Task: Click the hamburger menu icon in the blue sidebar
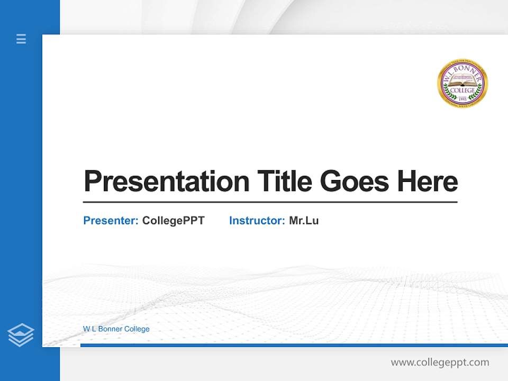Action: (x=21, y=39)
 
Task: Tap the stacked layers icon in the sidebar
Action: (x=21, y=335)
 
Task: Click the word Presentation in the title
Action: (x=166, y=182)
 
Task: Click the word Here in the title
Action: (x=427, y=181)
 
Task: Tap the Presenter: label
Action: (x=111, y=221)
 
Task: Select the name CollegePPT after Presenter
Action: (x=173, y=221)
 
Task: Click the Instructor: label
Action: (x=257, y=221)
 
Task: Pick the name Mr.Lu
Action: (x=304, y=221)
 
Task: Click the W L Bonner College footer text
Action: (x=116, y=329)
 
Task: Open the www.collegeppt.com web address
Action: (x=440, y=362)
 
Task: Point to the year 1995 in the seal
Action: (x=462, y=98)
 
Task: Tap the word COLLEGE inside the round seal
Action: (x=462, y=90)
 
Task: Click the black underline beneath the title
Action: (x=270, y=202)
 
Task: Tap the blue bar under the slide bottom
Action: (x=294, y=345)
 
